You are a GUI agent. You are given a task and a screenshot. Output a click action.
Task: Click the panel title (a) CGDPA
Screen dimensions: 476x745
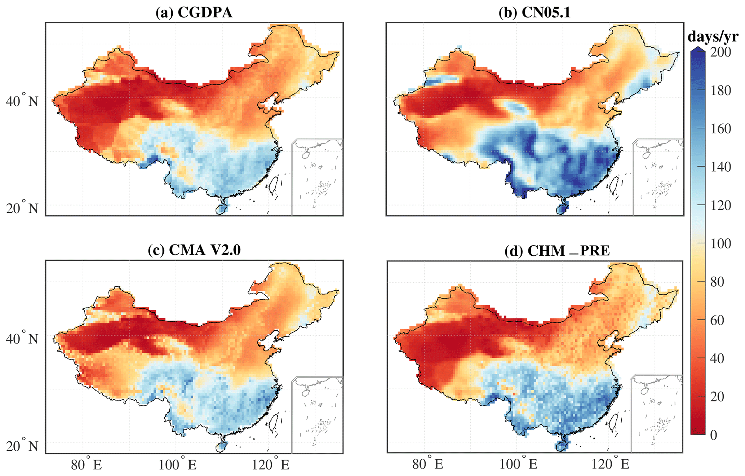click(194, 13)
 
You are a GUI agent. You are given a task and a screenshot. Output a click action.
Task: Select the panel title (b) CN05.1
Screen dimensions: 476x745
click(535, 13)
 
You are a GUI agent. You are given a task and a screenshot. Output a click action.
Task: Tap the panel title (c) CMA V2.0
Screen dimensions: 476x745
click(194, 250)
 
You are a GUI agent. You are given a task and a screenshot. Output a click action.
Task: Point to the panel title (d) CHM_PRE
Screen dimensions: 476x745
click(557, 251)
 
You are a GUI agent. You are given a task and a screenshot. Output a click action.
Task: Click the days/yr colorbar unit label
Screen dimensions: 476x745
click(713, 37)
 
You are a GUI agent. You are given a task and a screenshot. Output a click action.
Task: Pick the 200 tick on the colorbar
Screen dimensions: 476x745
click(720, 52)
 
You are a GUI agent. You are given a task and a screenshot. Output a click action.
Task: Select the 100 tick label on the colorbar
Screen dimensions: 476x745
click(720, 244)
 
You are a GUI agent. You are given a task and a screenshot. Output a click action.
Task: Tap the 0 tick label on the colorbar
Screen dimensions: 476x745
click(714, 435)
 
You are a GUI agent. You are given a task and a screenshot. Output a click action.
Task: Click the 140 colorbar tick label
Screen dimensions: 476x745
click(720, 167)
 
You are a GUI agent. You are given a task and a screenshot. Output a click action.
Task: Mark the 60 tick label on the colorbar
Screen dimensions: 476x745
click(717, 320)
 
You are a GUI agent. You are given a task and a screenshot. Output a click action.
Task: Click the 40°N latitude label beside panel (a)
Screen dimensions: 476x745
click(22, 101)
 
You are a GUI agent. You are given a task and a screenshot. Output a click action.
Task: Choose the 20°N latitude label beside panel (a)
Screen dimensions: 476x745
click(22, 208)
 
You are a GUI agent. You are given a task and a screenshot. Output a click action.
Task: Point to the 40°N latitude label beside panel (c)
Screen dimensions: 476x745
click(22, 338)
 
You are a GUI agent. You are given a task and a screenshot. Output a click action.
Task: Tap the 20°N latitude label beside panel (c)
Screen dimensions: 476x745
click(22, 446)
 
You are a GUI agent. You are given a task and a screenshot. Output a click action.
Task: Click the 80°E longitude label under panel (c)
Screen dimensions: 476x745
click(86, 465)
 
